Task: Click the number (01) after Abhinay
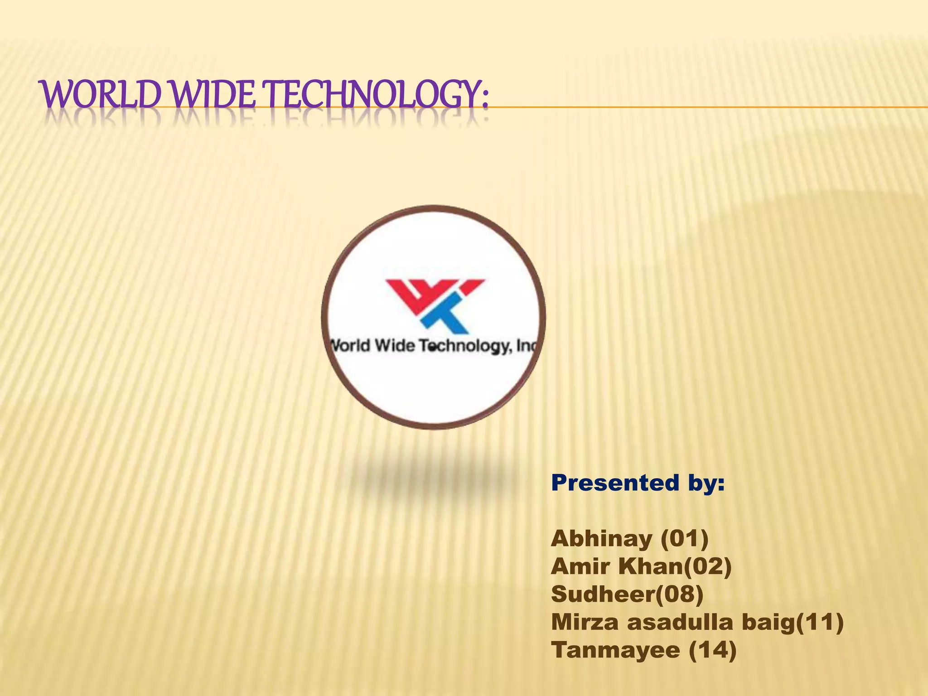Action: pyautogui.click(x=684, y=539)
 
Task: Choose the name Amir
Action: pyautogui.click(x=580, y=566)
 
